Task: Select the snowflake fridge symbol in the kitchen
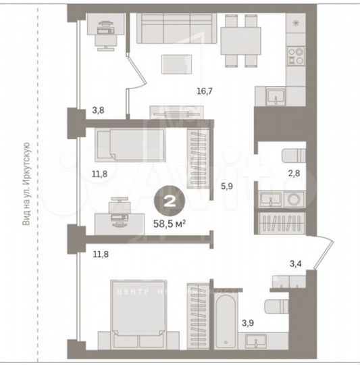(296, 23)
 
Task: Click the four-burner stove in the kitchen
(296, 55)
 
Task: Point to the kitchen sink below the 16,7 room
(276, 99)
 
